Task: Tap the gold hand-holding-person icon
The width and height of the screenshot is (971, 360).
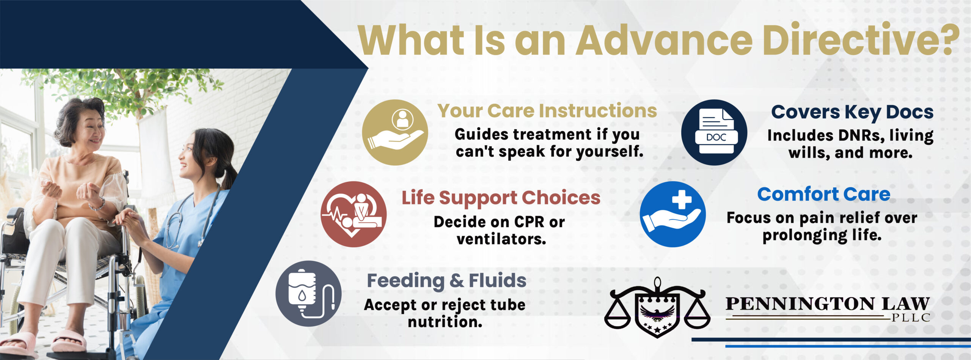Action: coord(395,132)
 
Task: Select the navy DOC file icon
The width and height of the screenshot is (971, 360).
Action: coord(714,132)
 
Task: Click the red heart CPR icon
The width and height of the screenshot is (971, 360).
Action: coord(354,214)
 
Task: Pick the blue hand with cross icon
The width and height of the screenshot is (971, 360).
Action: coord(673,214)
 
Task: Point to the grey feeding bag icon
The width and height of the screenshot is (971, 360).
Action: coord(308,294)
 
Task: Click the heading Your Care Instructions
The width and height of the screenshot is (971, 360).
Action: coord(547,111)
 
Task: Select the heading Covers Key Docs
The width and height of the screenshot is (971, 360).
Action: coord(852,112)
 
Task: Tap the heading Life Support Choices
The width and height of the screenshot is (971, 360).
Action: coord(501,198)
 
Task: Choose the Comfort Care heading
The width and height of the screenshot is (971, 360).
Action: coord(824,194)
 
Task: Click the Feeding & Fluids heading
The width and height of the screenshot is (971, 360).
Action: coord(446,281)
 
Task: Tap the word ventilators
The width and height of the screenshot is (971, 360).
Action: coord(501,239)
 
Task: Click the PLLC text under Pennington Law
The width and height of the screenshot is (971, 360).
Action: coord(910,318)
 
